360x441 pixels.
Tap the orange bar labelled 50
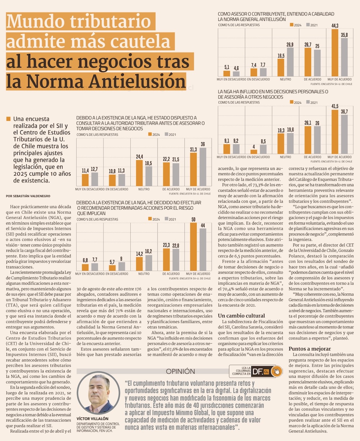[193, 248]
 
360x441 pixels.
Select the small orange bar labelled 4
[254, 152]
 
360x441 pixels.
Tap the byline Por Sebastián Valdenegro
[28, 196]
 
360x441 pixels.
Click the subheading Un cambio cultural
[241, 316]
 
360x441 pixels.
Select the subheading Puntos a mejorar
[310, 348]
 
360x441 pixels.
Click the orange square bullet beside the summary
[9, 119]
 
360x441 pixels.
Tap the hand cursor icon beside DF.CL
[276, 371]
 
